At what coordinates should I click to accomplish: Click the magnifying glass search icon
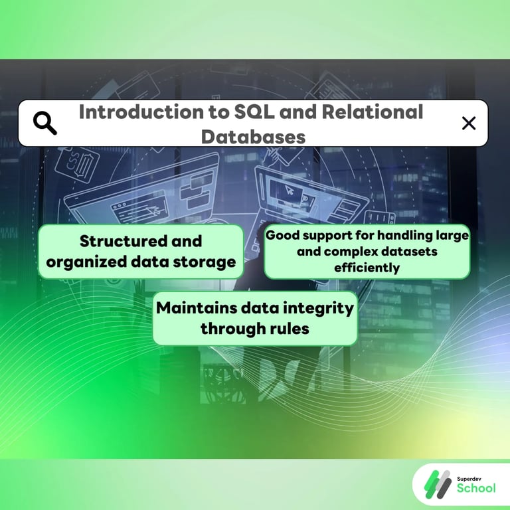(x=45, y=123)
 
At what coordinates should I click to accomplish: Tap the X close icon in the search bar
(x=469, y=123)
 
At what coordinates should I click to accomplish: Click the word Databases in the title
(x=253, y=136)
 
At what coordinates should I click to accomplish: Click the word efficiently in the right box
(x=367, y=268)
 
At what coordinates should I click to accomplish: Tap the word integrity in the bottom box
(x=319, y=307)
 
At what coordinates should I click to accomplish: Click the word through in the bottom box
(x=230, y=328)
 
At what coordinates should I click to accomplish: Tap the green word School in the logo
(x=476, y=489)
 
